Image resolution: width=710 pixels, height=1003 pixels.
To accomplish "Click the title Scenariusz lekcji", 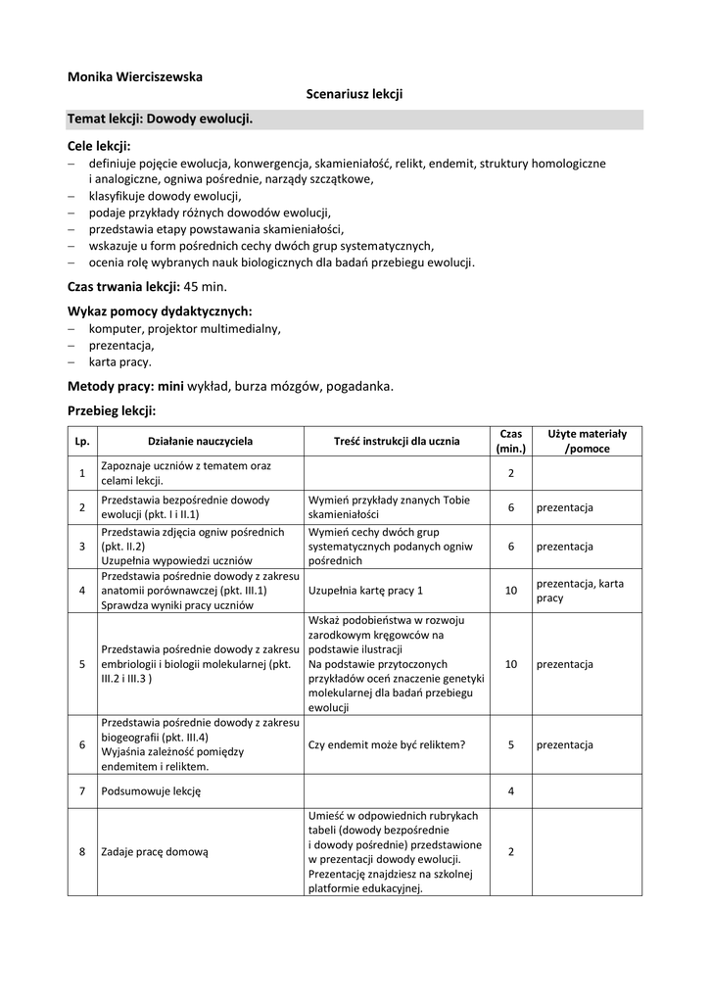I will [x=355, y=94].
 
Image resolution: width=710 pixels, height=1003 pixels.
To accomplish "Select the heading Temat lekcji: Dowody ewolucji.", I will [x=160, y=119].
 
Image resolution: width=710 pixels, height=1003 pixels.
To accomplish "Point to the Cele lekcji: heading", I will [x=99, y=146].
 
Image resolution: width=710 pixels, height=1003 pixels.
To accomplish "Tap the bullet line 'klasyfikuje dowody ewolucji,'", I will [x=165, y=196].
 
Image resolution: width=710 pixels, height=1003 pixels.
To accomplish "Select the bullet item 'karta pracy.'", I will [x=120, y=361].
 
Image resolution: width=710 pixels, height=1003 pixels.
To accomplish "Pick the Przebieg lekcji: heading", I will [x=112, y=410].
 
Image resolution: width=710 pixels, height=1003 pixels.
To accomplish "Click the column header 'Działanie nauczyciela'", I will [x=200, y=442].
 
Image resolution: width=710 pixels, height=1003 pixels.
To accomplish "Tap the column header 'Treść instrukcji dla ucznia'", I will [x=397, y=442].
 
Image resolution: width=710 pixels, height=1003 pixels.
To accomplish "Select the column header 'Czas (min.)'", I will [x=511, y=441].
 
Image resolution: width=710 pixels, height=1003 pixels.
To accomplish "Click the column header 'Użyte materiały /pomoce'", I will [x=588, y=441].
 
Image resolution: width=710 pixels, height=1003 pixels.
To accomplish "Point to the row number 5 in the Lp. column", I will [x=82, y=664].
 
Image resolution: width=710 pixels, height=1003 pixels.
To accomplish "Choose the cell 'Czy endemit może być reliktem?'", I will [x=387, y=744].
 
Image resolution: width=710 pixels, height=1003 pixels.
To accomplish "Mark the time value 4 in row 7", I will [x=511, y=790].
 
